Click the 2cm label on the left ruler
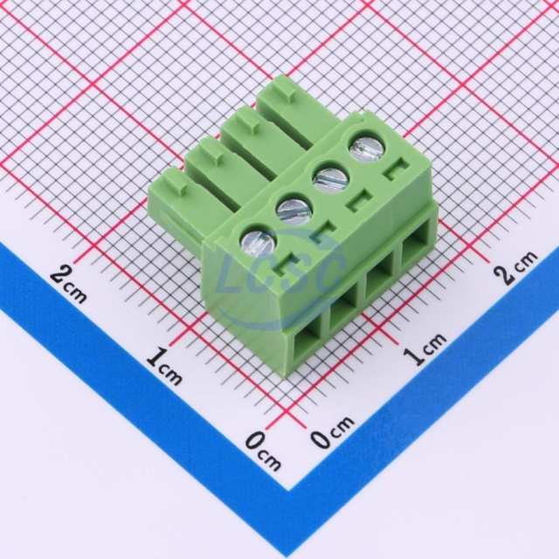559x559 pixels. [68, 286]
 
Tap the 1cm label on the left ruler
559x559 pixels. [164, 367]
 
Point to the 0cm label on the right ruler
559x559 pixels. [332, 431]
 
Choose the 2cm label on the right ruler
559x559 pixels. [515, 267]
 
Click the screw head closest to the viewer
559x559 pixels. [259, 241]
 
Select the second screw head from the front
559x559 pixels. [294, 210]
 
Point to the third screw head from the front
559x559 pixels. [330, 177]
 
